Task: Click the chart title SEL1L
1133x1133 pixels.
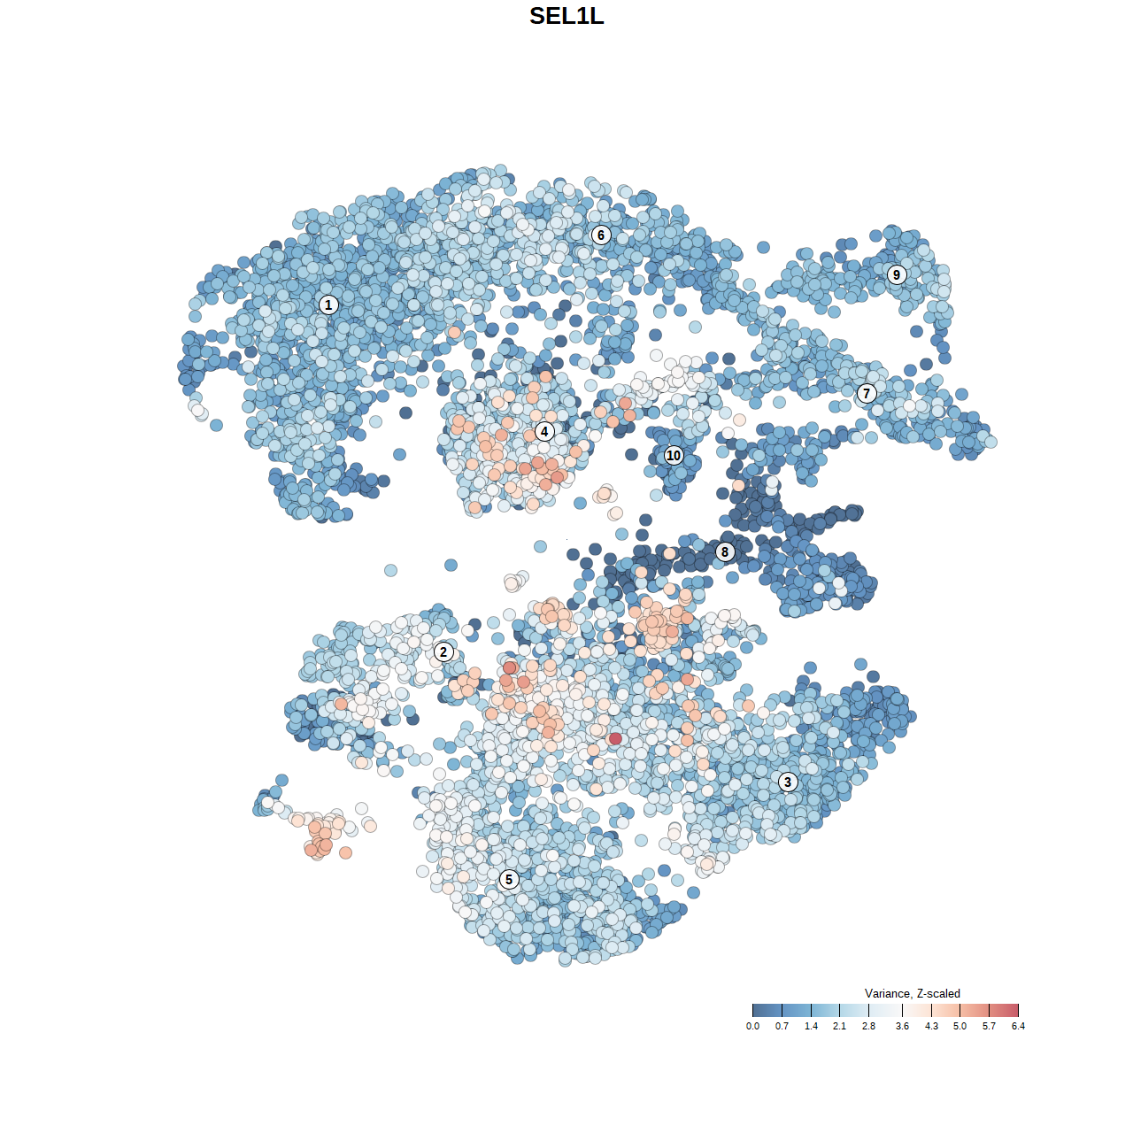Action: click(x=566, y=16)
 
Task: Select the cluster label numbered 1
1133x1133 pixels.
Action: click(x=328, y=304)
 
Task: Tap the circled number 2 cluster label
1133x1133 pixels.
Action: click(x=443, y=652)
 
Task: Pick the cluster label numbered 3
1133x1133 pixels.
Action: click(x=787, y=782)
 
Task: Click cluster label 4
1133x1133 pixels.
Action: click(x=544, y=432)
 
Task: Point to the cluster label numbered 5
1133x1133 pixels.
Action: click(x=508, y=879)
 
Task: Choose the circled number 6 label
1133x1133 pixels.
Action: click(x=601, y=235)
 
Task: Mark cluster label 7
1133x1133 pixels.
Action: click(x=867, y=393)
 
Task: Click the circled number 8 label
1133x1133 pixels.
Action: click(x=725, y=551)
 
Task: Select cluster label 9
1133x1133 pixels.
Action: click(x=897, y=274)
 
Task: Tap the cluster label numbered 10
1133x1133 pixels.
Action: click(x=674, y=455)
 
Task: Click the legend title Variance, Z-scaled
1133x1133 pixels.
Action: click(x=912, y=993)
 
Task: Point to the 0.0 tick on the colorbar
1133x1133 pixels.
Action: click(x=752, y=1026)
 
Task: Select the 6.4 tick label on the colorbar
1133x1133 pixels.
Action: click(x=1018, y=1026)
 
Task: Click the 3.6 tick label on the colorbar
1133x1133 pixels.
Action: click(x=902, y=1026)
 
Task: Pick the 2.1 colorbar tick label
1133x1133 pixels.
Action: click(x=839, y=1026)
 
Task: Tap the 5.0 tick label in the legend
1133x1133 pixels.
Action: click(x=960, y=1026)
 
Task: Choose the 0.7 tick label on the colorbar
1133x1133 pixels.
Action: click(x=782, y=1026)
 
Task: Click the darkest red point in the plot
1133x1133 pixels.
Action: click(x=615, y=738)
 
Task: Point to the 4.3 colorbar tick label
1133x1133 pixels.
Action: click(x=931, y=1026)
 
